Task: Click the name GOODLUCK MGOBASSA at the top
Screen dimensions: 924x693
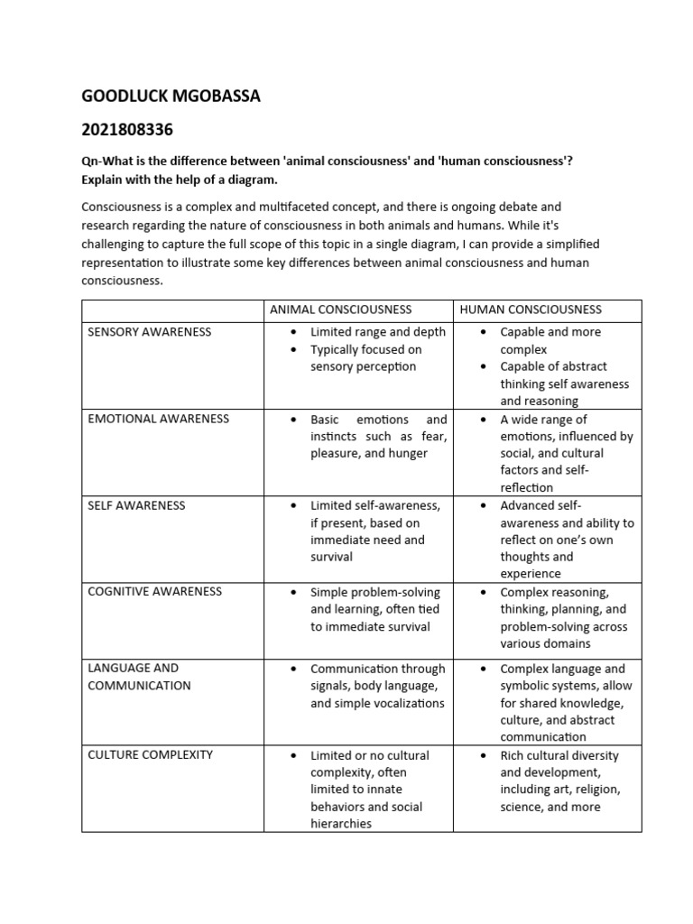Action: [x=171, y=96]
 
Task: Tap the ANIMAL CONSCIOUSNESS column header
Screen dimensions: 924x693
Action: [x=340, y=310]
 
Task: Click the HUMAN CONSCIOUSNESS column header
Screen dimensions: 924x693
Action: [x=531, y=310]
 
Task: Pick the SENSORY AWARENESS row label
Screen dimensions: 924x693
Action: [x=149, y=332]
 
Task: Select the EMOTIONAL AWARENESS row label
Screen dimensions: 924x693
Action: [x=158, y=419]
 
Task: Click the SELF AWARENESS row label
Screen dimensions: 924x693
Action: [x=136, y=505]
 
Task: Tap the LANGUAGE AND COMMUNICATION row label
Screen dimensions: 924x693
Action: [x=139, y=677]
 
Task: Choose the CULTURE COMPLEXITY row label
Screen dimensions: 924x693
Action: [x=150, y=754]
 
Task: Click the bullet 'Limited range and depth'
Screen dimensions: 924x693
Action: [x=377, y=332]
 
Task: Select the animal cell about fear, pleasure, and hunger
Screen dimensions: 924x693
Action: [x=378, y=437]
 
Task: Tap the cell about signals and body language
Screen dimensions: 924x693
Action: [x=377, y=686]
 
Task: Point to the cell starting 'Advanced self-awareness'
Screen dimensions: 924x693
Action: [x=566, y=540]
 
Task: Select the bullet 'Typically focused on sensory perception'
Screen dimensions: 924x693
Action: [x=365, y=358]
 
